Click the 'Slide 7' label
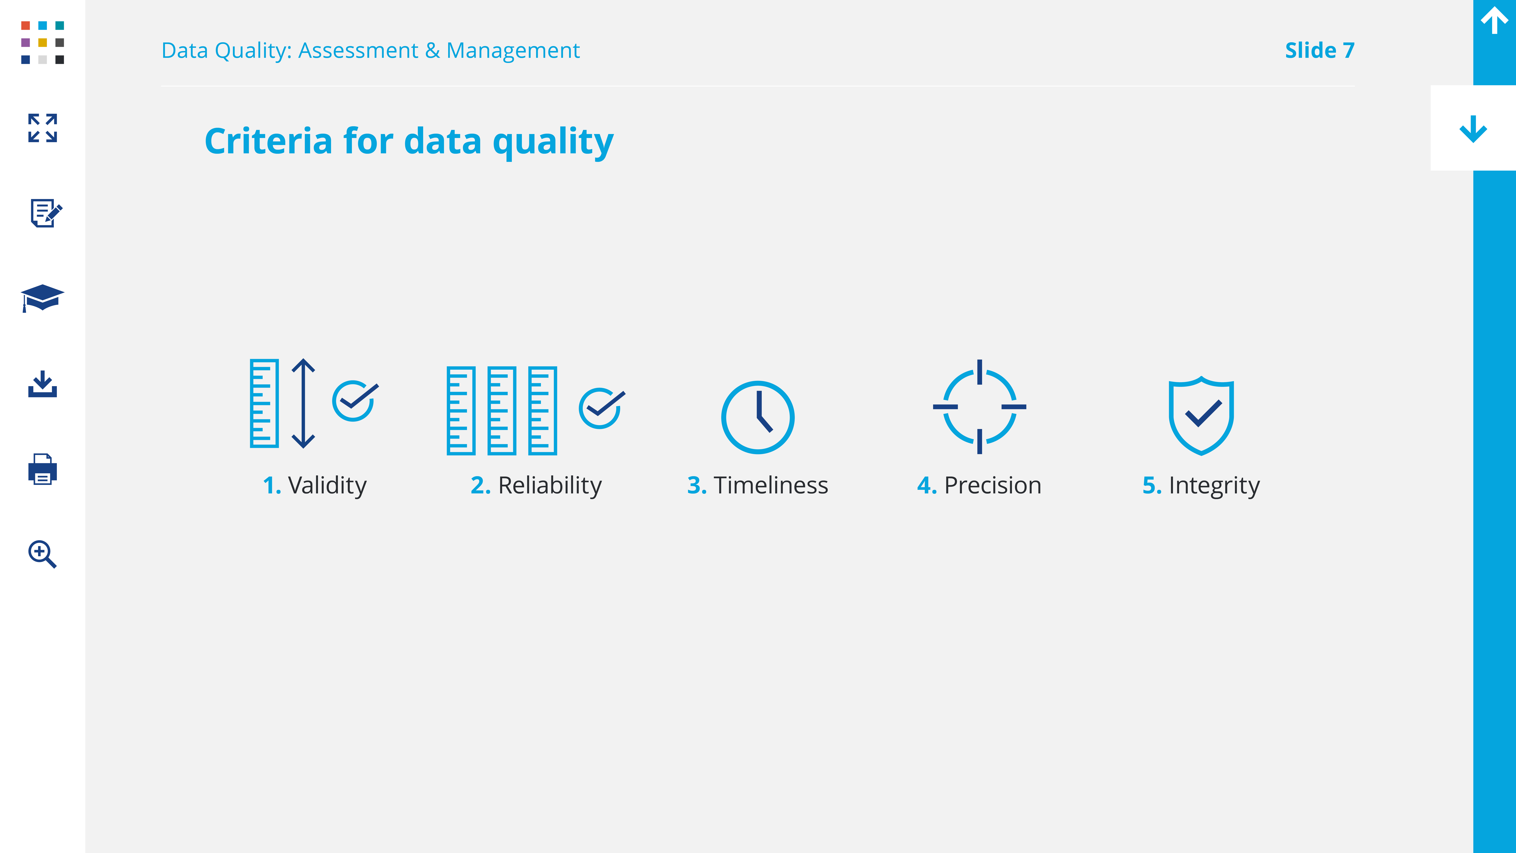pos(1319,51)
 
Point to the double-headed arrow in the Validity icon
pos(303,403)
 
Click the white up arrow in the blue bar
pos(1494,20)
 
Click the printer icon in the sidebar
pos(42,469)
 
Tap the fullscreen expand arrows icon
pos(42,128)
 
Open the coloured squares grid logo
pos(42,42)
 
